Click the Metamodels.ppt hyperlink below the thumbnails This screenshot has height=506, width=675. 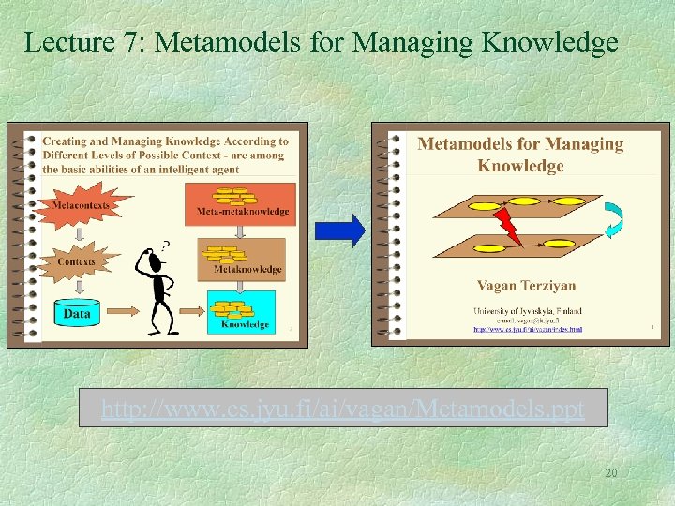342,409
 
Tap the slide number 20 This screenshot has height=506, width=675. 610,473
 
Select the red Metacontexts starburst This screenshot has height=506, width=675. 82,204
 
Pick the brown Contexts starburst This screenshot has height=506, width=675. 77,261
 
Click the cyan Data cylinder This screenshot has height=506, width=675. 77,312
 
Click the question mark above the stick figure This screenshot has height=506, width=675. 165,245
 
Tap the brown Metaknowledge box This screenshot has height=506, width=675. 241,257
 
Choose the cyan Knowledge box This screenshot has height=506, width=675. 241,311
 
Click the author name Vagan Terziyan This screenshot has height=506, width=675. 526,286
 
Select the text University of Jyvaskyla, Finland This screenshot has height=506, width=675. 526,309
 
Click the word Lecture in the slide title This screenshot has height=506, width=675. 58,42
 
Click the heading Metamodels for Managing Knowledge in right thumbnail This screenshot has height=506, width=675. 520,155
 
